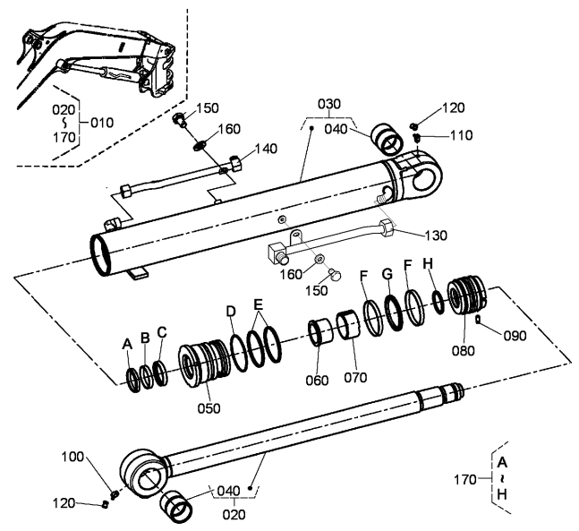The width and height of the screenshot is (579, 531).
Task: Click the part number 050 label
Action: coord(209,408)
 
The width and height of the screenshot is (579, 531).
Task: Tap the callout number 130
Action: coord(436,235)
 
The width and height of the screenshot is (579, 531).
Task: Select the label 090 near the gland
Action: coord(515,336)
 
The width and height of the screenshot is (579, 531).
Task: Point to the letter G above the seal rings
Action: coord(387,274)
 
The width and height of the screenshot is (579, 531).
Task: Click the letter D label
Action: coord(231,312)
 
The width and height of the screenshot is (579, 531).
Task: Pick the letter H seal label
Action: coord(428,264)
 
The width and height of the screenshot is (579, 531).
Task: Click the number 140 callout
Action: coord(267,149)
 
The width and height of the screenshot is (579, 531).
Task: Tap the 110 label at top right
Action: coord(461,135)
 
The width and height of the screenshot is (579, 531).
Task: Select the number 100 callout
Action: coord(72,457)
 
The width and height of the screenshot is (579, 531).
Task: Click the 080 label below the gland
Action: coord(464,350)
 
